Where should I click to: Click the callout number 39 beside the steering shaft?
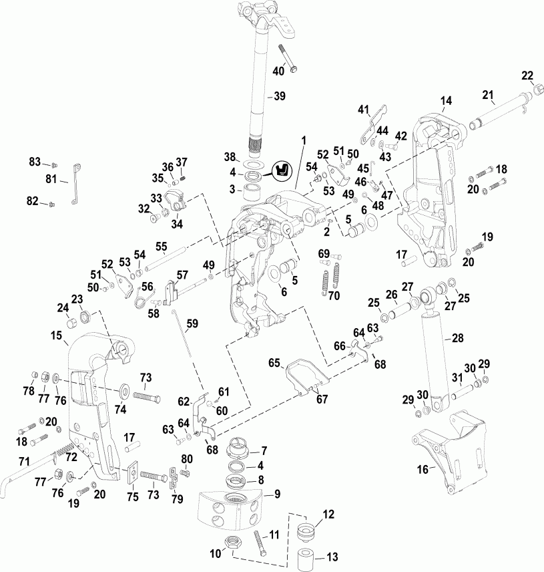279,96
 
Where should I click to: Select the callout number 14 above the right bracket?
445,101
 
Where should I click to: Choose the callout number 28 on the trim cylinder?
458,338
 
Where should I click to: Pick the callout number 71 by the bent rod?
24,461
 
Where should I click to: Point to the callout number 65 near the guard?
274,362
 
